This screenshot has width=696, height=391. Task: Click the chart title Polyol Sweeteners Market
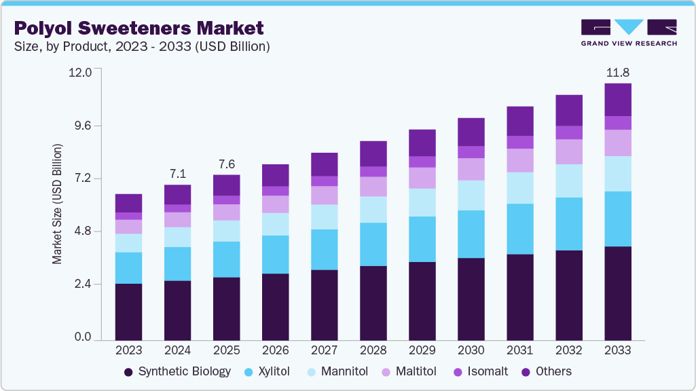point(139,28)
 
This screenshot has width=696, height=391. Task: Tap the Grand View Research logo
point(629,32)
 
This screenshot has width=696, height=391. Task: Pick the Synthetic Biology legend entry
point(178,371)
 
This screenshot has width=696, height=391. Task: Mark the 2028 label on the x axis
point(373,350)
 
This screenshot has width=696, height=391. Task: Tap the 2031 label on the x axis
point(519,350)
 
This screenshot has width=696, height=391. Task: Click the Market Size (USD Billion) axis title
point(58,204)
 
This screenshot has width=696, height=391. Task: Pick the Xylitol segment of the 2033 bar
point(617,219)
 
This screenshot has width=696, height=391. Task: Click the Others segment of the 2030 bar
point(471,132)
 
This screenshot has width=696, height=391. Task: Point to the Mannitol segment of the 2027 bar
point(324,217)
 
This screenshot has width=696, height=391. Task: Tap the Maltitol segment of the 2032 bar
point(568,151)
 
